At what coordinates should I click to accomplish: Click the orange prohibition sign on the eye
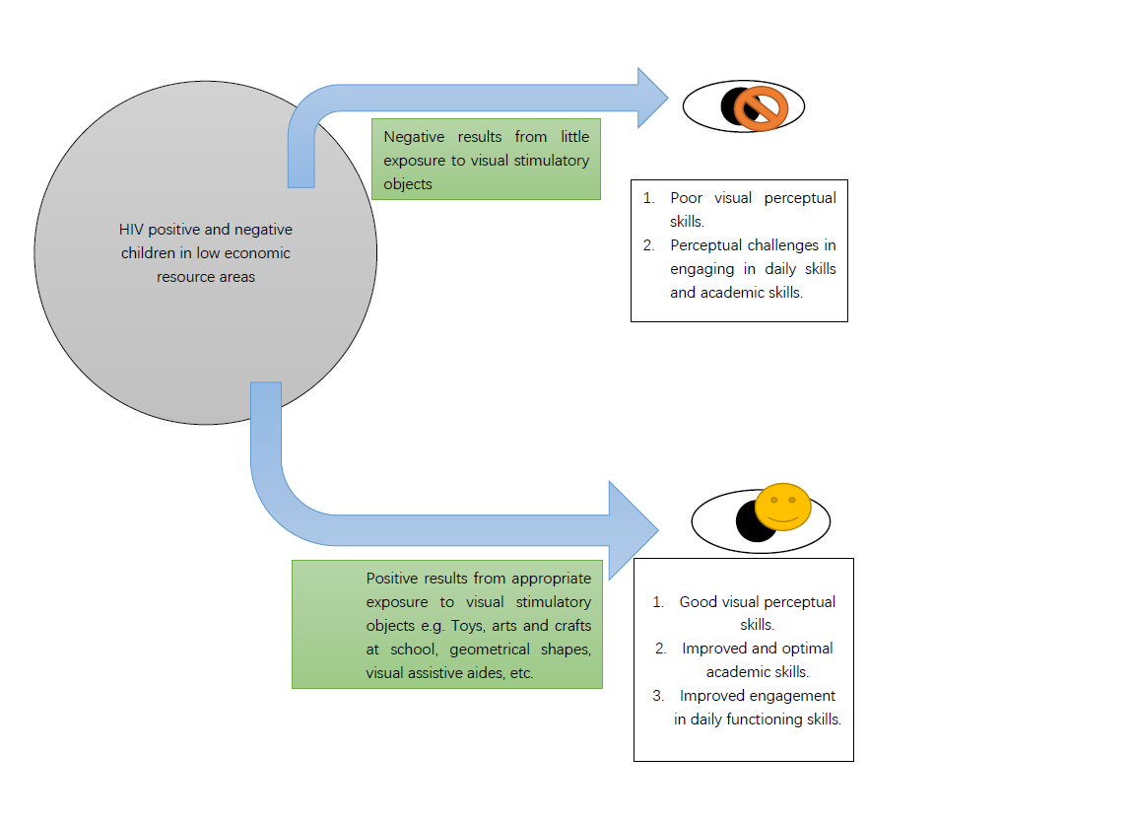coord(765,107)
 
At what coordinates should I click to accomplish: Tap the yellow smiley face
coord(783,507)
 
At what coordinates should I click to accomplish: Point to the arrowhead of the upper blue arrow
coord(651,98)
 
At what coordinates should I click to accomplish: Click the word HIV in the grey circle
coord(131,230)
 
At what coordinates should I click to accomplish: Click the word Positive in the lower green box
coord(393,579)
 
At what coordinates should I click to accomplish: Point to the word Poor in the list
coord(687,198)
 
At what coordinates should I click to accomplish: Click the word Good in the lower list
coord(699,602)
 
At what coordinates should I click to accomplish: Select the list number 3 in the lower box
coord(658,696)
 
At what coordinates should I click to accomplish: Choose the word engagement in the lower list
coord(790,696)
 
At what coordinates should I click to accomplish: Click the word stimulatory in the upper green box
coord(547,161)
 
